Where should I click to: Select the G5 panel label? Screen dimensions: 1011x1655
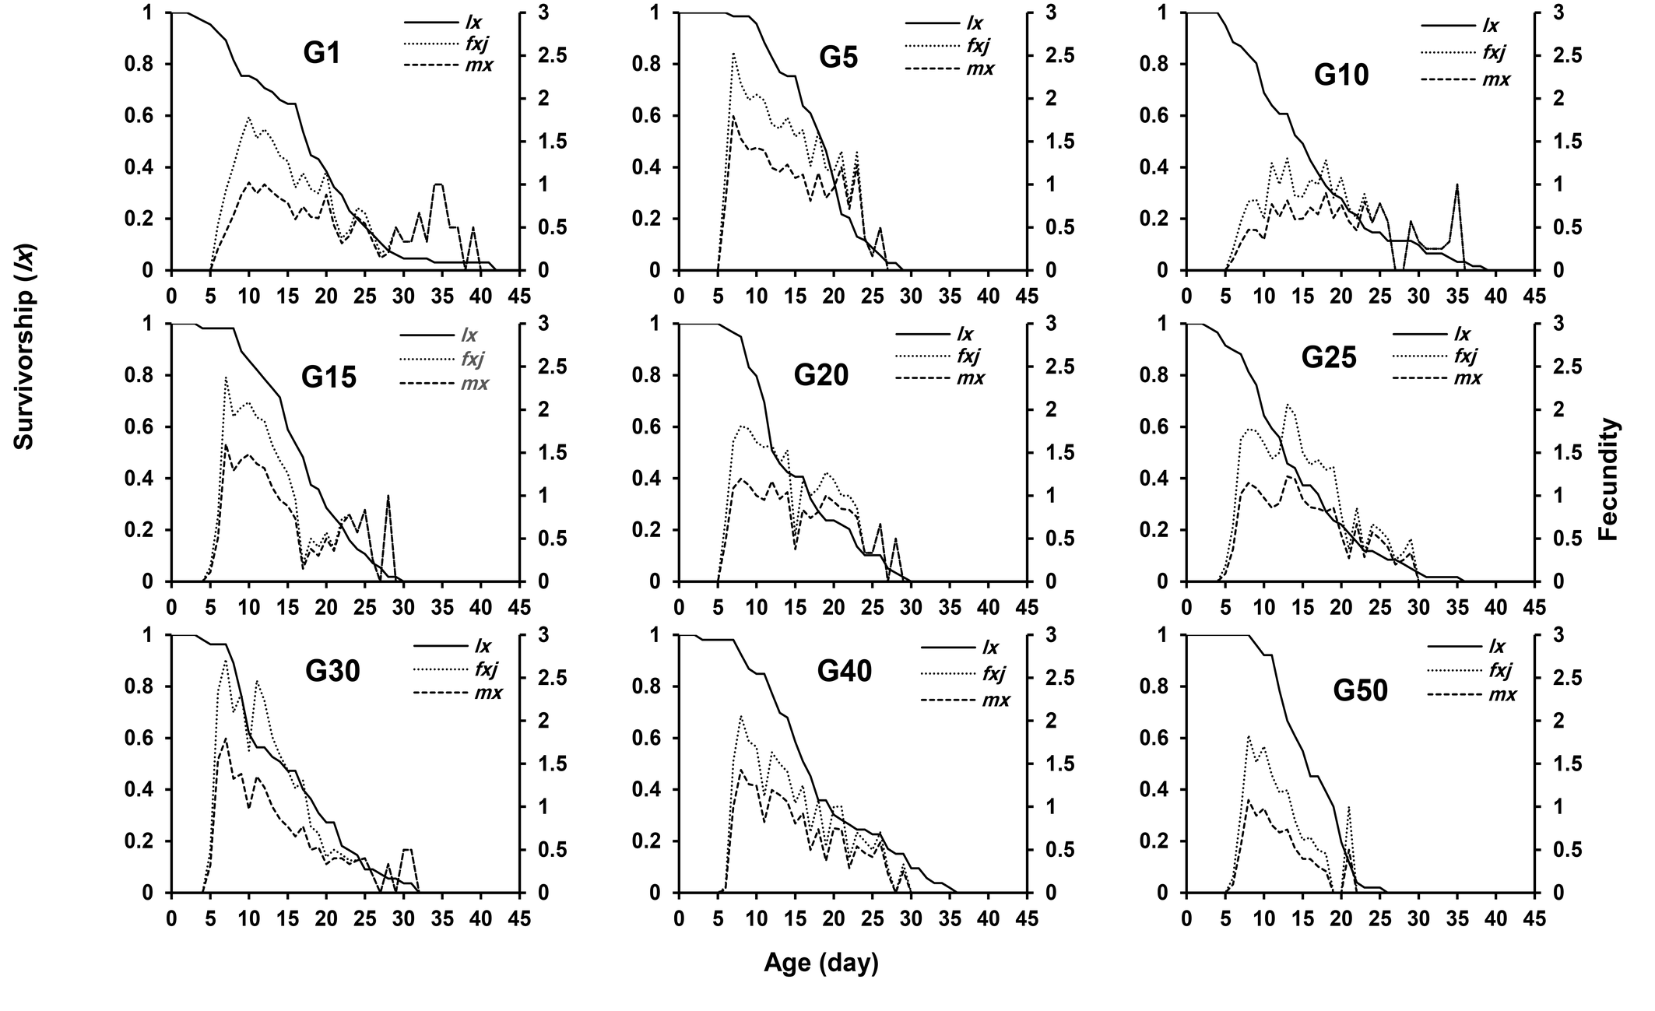[x=838, y=57]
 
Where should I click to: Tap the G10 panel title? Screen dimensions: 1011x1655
[x=1341, y=75]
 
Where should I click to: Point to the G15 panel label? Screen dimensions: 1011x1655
[x=329, y=377]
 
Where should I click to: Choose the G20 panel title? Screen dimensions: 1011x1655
[x=820, y=375]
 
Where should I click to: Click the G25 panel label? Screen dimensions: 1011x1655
[x=1329, y=357]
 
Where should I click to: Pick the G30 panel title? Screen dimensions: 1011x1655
[x=332, y=671]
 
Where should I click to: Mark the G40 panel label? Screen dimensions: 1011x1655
[x=844, y=671]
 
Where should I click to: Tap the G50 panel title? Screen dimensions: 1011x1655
[x=1360, y=690]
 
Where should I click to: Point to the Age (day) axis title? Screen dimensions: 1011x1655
[x=820, y=964]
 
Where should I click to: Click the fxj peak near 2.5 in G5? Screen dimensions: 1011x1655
[x=733, y=54]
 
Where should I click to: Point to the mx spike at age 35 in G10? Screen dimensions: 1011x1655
[x=1456, y=185]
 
